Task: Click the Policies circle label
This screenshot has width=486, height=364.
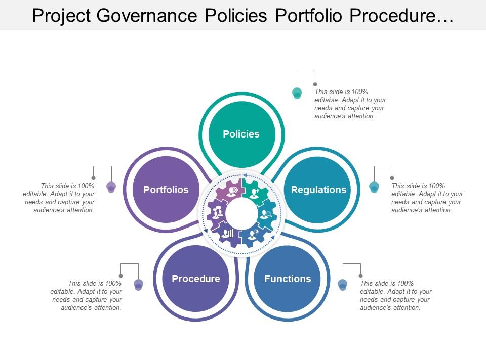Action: pyautogui.click(x=241, y=134)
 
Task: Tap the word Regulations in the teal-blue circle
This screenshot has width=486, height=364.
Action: pyautogui.click(x=318, y=190)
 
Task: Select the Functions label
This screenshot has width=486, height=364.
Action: pyautogui.click(x=288, y=279)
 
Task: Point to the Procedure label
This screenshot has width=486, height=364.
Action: pyautogui.click(x=195, y=279)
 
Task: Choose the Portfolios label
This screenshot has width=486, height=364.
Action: pyautogui.click(x=166, y=190)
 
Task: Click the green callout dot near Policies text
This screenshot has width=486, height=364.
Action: pyautogui.click(x=297, y=93)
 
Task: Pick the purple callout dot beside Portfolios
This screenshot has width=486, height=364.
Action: pyautogui.click(x=111, y=187)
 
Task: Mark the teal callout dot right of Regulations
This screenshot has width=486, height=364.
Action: pyautogui.click(x=374, y=187)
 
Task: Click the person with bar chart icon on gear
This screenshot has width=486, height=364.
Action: pyautogui.click(x=228, y=233)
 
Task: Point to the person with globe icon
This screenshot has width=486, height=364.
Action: pyautogui.click(x=253, y=233)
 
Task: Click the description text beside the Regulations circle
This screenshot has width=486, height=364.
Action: pyautogui.click(x=427, y=198)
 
